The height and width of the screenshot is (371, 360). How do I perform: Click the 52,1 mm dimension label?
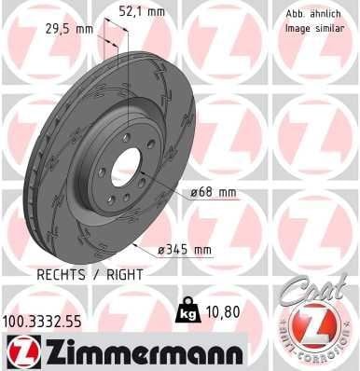coord(143,12)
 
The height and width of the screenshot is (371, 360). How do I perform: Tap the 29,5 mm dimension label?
coord(69,29)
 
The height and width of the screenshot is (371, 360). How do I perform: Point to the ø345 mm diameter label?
coord(185,250)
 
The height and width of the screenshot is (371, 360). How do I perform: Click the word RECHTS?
coord(61,275)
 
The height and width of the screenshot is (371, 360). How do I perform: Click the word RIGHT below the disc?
coord(125,275)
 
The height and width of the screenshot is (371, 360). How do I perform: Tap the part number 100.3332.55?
coord(42,322)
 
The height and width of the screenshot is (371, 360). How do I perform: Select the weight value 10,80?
coord(222,312)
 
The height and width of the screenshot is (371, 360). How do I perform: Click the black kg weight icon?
coord(187,309)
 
